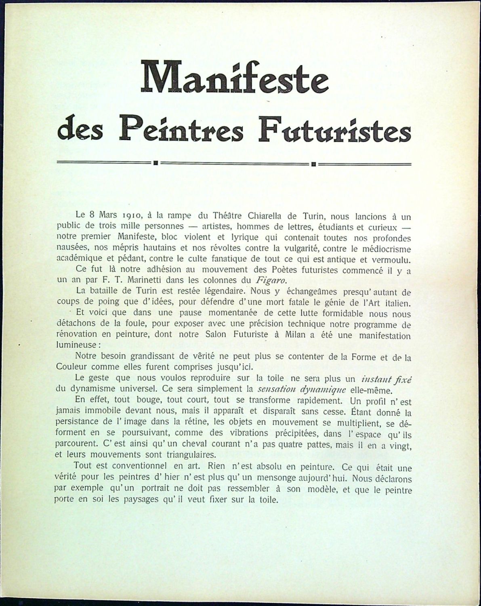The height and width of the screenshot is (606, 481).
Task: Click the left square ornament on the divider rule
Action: point(155,164)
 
